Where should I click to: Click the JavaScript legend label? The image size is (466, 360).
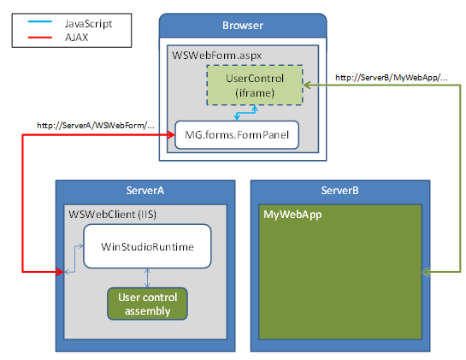click(x=88, y=25)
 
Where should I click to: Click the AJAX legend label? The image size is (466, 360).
click(x=79, y=38)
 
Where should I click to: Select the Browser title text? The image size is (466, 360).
click(x=244, y=25)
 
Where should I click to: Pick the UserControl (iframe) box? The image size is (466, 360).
click(x=254, y=86)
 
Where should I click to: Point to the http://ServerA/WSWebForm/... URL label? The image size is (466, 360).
click(x=96, y=126)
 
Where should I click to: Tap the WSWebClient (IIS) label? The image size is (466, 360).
click(x=107, y=212)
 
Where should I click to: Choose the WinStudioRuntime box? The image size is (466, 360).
click(x=147, y=246)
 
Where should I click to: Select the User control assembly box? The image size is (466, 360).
click(x=147, y=303)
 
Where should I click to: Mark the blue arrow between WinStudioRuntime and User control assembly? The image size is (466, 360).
click(x=148, y=277)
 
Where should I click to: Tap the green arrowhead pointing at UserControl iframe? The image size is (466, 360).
click(x=310, y=84)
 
